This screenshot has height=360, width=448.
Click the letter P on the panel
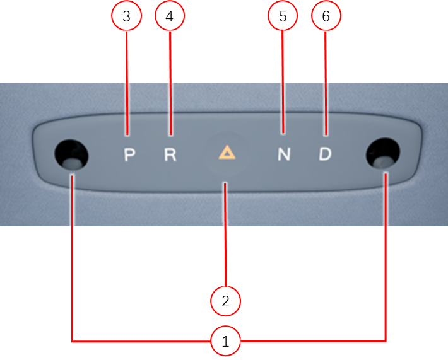tap(129, 155)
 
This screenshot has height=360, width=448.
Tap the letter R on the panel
tap(170, 154)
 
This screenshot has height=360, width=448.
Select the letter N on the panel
tap(284, 154)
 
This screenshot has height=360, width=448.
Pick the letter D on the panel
tap(325, 154)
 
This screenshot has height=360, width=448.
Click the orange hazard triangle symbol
tap(227, 153)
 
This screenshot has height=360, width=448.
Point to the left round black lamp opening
tap(71, 154)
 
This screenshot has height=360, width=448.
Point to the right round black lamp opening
tap(383, 154)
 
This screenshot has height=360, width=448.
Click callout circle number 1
tap(225, 341)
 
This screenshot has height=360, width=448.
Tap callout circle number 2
tap(225, 301)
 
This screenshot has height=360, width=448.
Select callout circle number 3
tap(127, 16)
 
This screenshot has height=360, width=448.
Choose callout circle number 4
tap(170, 16)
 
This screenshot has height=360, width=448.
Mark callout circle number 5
tap(283, 16)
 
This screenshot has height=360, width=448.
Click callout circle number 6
tap(326, 16)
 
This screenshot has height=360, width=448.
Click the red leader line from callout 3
tap(127, 83)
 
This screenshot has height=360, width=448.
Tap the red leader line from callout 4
tap(170, 83)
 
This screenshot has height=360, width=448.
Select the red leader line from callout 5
tap(283, 82)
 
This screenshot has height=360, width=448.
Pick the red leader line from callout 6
tap(326, 83)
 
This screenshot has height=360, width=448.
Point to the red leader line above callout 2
tap(225, 235)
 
